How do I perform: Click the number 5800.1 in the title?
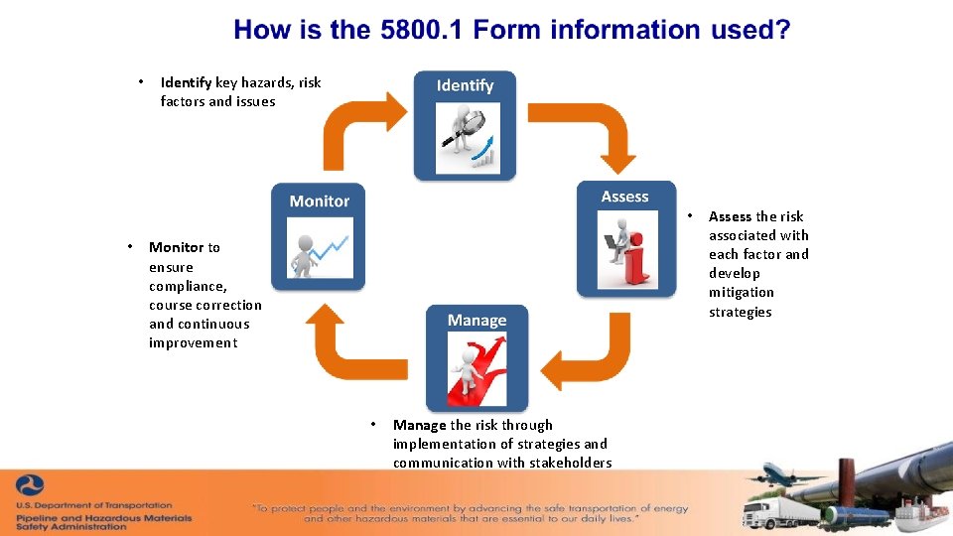(422, 30)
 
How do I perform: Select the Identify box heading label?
(465, 85)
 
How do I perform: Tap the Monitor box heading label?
(319, 201)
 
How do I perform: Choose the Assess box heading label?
(624, 197)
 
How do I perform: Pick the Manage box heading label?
(476, 321)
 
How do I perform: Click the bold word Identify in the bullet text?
(186, 82)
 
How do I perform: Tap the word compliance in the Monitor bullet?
(188, 286)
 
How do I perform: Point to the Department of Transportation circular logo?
(29, 486)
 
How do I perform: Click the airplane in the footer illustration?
(784, 476)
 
